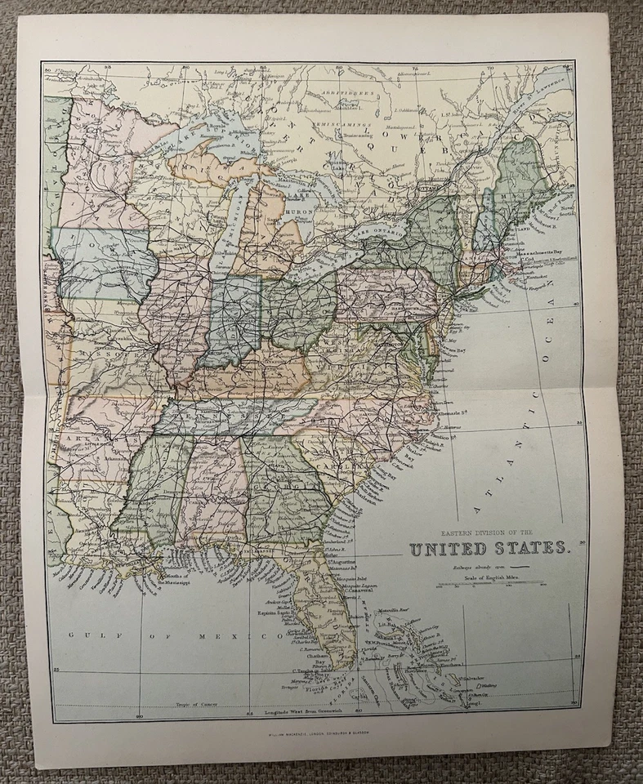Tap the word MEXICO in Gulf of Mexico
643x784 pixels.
(221, 635)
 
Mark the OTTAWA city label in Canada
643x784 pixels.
(425, 187)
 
